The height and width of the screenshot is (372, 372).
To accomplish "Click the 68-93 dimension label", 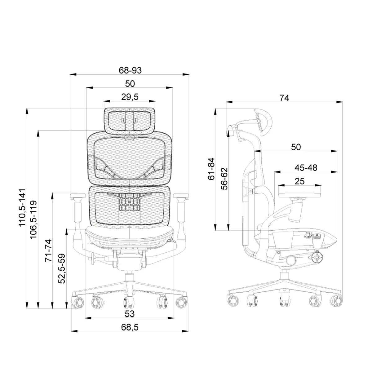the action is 130,70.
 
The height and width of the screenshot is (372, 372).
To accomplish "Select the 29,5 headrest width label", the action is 130,97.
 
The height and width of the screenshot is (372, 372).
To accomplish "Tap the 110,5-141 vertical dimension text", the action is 22,207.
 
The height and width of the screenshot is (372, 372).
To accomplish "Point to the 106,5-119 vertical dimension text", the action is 33,220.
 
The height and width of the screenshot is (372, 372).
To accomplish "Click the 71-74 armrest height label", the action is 48,250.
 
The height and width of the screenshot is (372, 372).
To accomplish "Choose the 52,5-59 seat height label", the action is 62,268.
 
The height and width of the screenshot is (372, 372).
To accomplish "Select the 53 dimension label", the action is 130,314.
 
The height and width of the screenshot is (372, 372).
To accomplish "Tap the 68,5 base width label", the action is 130,327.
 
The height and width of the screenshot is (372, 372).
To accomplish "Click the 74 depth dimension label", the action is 284,98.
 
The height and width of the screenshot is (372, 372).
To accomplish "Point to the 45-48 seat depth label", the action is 306,168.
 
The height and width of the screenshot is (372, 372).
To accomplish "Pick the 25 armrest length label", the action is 299,181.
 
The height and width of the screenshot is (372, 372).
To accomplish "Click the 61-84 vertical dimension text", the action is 211,169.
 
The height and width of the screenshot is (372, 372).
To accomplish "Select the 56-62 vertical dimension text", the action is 224,179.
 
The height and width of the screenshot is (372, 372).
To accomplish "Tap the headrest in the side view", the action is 263,122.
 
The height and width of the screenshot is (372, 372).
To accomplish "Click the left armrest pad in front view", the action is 78,195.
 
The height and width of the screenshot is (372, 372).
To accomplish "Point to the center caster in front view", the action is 129,304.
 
